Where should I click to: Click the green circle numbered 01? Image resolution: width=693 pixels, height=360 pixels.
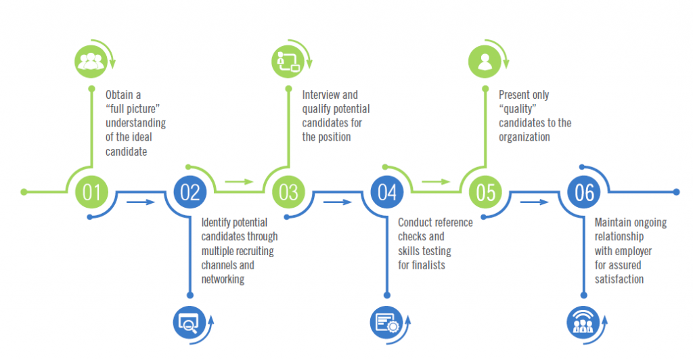tap(91, 192)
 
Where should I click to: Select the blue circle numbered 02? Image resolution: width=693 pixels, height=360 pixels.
tap(190, 192)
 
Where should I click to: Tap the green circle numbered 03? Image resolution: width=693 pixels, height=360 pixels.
tap(288, 192)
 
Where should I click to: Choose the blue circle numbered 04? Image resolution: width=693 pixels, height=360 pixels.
tap(387, 192)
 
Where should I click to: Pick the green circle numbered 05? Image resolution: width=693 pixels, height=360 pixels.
tap(485, 192)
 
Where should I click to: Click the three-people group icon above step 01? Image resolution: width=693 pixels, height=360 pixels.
tap(90, 60)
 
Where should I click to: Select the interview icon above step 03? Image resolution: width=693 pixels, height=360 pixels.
tap(288, 60)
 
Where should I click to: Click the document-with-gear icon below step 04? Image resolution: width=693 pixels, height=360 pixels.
tap(386, 322)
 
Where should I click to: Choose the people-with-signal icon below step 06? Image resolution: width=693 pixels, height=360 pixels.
tap(581, 322)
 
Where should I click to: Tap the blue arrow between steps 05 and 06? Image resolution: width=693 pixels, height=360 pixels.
tap(535, 202)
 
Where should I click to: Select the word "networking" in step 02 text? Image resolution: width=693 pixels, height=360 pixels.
tap(223, 279)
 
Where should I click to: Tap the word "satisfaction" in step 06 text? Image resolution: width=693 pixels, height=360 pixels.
tap(619, 279)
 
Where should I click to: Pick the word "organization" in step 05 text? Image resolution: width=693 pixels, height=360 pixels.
tap(524, 137)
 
